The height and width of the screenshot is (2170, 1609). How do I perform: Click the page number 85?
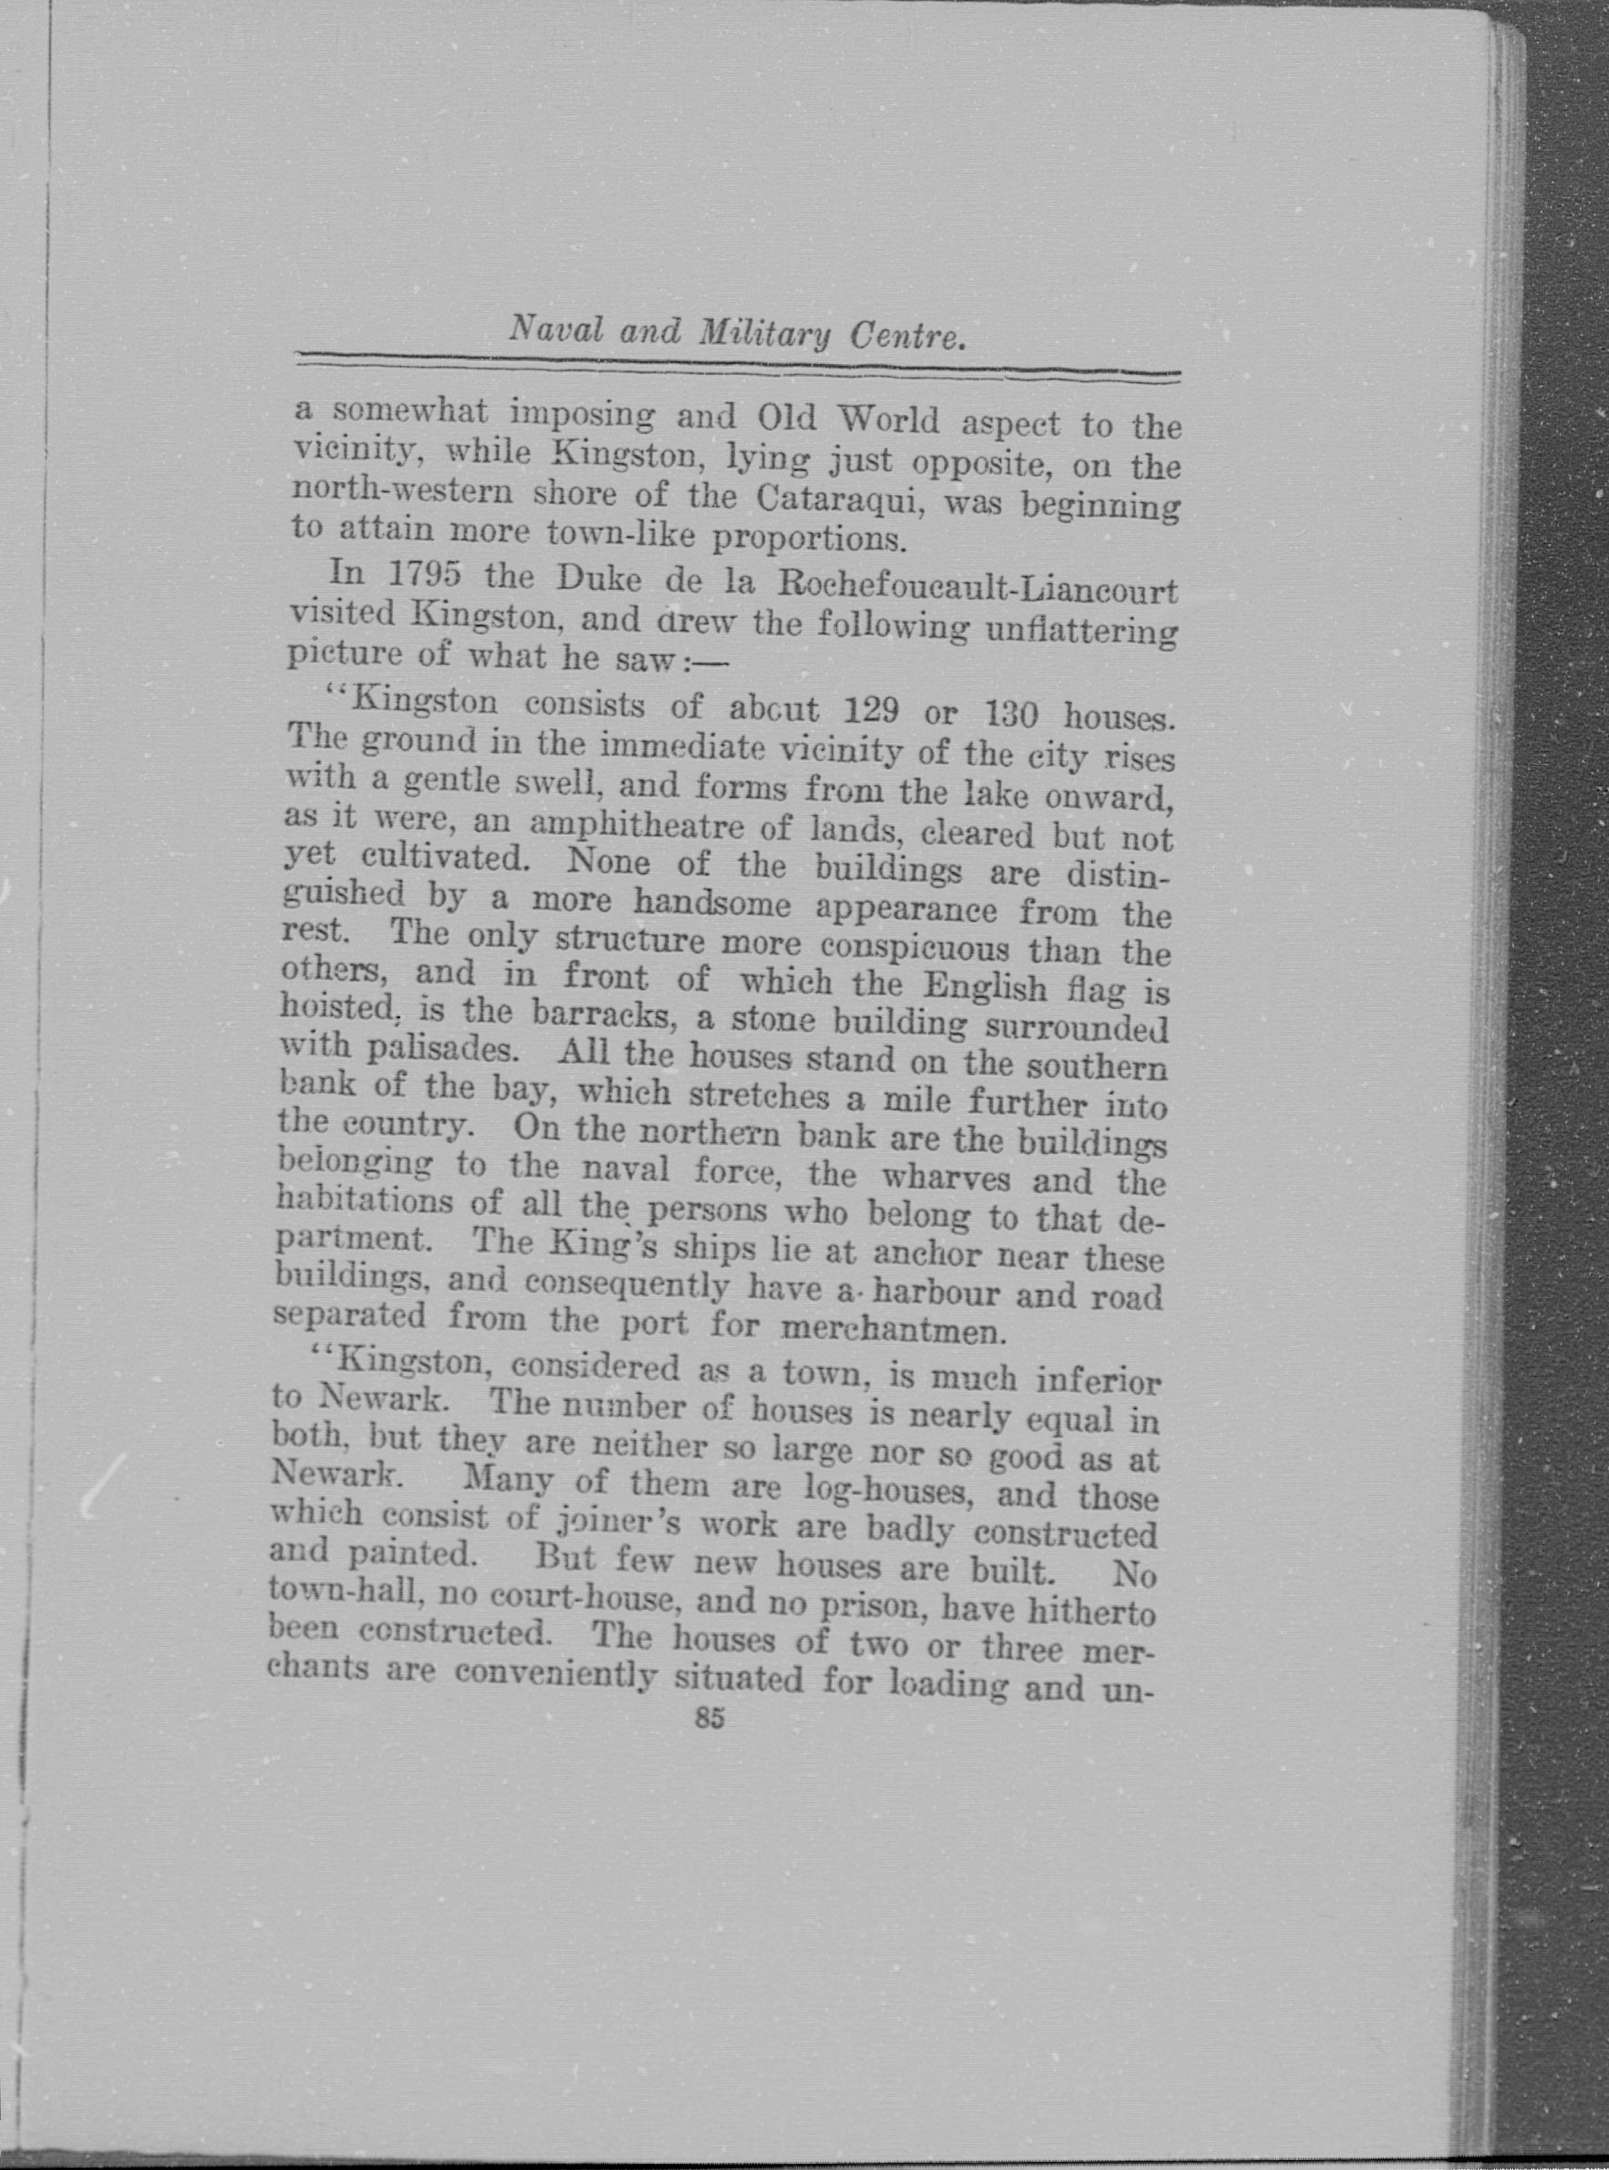click(709, 1719)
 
